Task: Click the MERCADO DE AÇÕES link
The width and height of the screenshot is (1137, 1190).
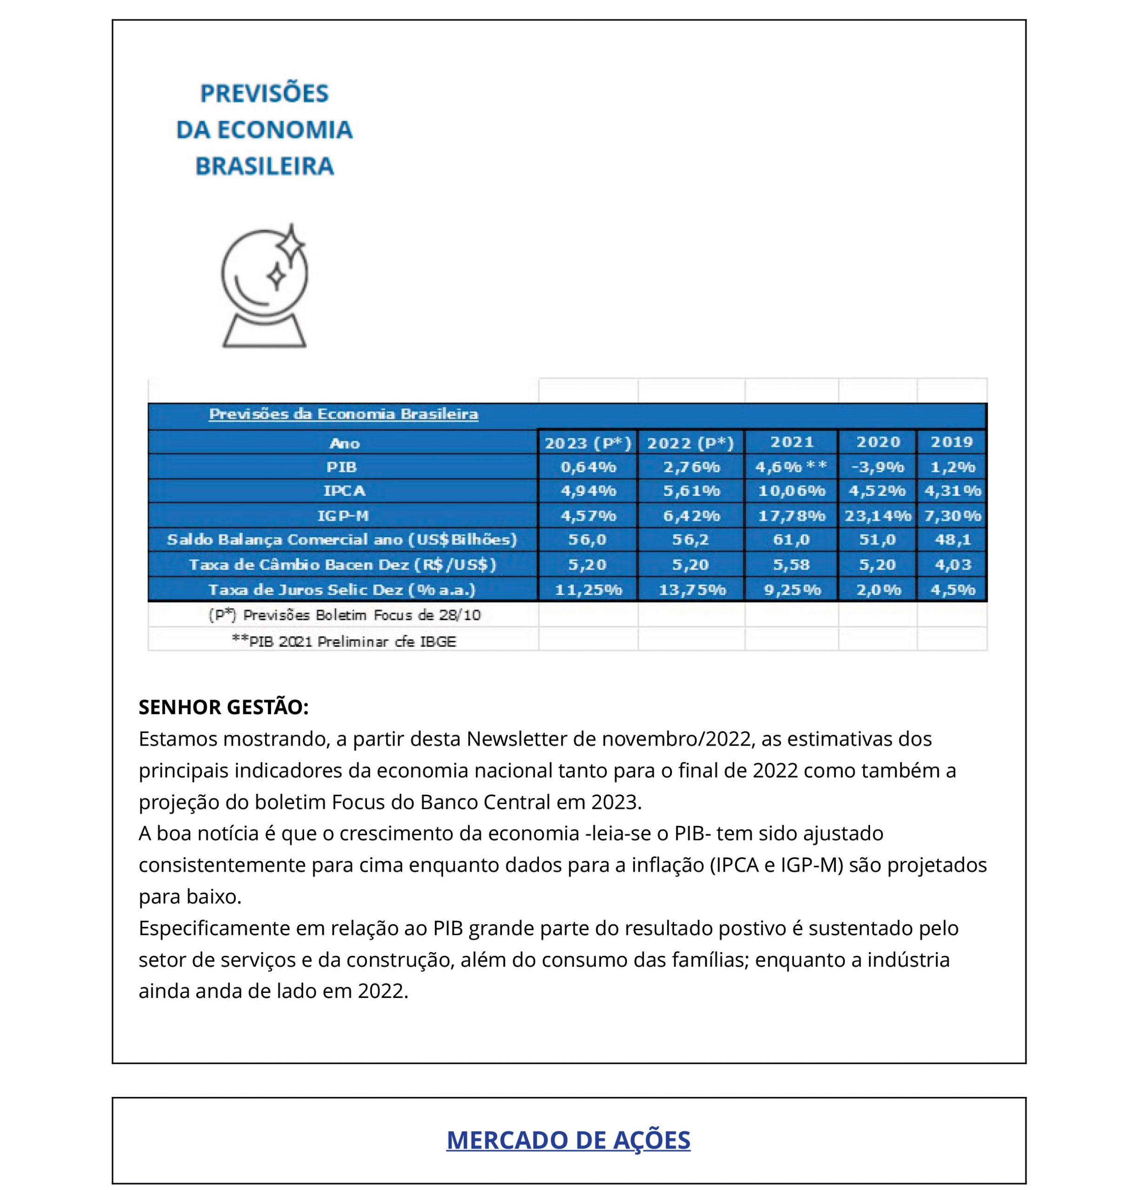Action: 568,1140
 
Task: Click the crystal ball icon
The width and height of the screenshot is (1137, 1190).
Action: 264,285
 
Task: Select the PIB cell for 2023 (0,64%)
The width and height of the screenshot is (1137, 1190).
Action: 587,467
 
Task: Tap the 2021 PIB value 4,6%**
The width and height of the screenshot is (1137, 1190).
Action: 791,467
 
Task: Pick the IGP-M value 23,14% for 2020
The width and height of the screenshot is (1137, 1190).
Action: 877,516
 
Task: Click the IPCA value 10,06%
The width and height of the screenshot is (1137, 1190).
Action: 791,491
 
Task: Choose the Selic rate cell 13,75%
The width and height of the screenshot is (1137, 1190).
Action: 692,589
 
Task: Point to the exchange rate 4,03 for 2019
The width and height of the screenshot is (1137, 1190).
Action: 952,565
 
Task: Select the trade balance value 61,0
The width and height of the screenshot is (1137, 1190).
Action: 791,539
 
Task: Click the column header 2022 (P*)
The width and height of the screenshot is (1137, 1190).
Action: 690,443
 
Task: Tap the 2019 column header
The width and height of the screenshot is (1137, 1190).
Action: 951,442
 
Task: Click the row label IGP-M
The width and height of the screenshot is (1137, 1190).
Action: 343,516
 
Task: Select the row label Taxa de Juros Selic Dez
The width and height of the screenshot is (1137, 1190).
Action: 342,589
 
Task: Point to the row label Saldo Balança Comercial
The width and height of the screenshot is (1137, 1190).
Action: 342,539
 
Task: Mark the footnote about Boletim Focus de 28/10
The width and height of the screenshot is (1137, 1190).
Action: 344,615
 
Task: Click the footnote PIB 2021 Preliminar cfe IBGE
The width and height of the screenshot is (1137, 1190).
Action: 344,641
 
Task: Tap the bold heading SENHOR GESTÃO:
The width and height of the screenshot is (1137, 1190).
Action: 224,707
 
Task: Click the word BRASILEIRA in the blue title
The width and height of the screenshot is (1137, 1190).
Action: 264,166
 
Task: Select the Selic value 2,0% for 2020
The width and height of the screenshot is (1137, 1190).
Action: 877,589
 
